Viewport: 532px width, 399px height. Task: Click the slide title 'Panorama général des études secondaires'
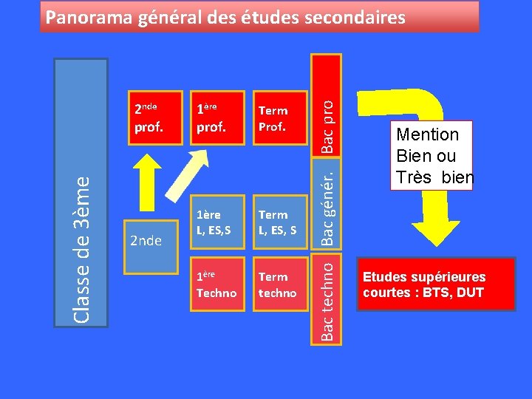pos(225,17)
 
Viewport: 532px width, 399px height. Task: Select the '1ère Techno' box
pos(216,284)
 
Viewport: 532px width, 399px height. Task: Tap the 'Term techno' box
pos(278,284)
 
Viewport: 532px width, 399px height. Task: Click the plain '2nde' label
pos(146,240)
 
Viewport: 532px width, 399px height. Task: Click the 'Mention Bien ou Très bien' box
pos(431,156)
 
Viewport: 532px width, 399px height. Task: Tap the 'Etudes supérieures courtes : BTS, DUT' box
pos(435,284)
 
